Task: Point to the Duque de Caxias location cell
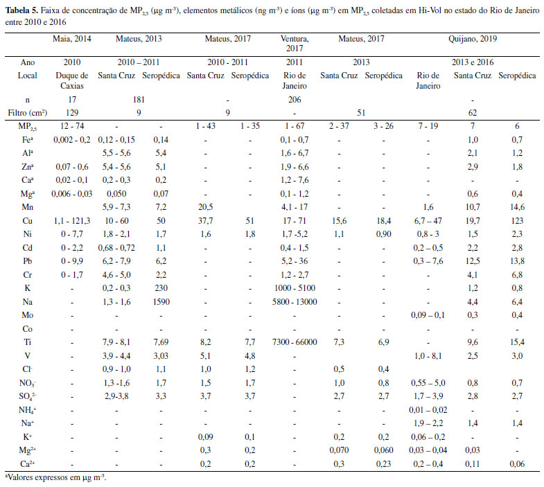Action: [71, 80]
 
